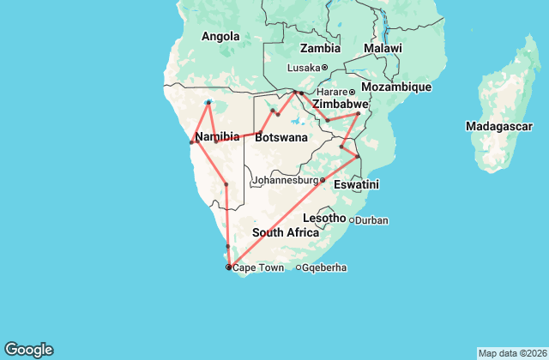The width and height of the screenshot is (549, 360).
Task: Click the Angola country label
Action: tap(220, 36)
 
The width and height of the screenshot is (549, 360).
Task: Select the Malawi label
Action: tap(383, 49)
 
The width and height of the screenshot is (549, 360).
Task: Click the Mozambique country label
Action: tap(395, 87)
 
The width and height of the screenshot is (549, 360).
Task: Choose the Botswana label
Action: tap(281, 137)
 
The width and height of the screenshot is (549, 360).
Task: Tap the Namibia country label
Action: tap(216, 137)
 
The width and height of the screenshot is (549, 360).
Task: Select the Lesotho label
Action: tap(324, 219)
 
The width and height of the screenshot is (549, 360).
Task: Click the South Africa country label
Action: tap(286, 232)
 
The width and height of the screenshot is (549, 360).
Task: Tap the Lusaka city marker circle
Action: tap(325, 68)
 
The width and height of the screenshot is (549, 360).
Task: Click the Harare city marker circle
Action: tap(352, 92)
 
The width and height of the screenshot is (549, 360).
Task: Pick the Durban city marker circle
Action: tap(352, 220)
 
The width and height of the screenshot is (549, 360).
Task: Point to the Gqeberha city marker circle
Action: tap(299, 267)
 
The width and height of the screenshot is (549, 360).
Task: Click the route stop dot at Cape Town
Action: tap(228, 267)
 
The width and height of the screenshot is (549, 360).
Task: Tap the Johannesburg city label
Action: tap(286, 181)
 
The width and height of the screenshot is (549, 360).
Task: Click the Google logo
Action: tap(28, 349)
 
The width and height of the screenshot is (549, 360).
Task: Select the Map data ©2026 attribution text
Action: tap(511, 353)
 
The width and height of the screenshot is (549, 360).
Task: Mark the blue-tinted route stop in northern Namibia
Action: tap(208, 102)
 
